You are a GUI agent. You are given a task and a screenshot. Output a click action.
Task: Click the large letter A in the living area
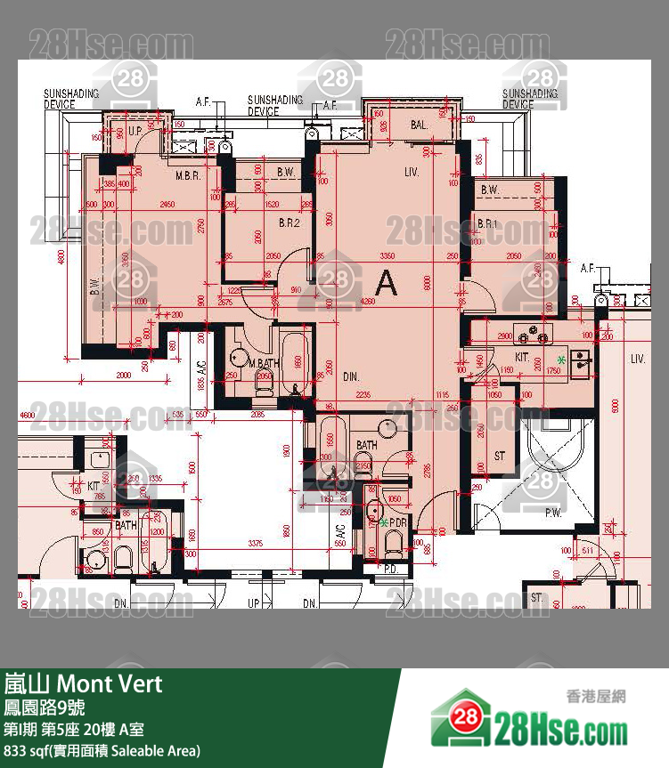(386, 282)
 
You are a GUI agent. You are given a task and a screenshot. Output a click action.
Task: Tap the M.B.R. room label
(187, 175)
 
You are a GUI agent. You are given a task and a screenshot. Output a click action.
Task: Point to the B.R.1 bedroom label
(487, 222)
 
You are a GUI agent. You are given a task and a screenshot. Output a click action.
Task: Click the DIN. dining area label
(351, 376)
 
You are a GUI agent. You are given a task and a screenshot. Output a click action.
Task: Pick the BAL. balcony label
(420, 126)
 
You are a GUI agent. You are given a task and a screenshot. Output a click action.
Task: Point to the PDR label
(397, 523)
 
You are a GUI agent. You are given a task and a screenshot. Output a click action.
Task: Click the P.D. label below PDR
(390, 568)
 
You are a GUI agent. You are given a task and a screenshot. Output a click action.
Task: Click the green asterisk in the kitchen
(561, 360)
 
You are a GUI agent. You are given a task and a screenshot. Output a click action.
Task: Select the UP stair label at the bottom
(253, 603)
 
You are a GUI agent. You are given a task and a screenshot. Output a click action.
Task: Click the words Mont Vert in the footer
(110, 683)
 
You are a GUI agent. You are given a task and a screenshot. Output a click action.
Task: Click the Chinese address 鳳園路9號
(45, 708)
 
